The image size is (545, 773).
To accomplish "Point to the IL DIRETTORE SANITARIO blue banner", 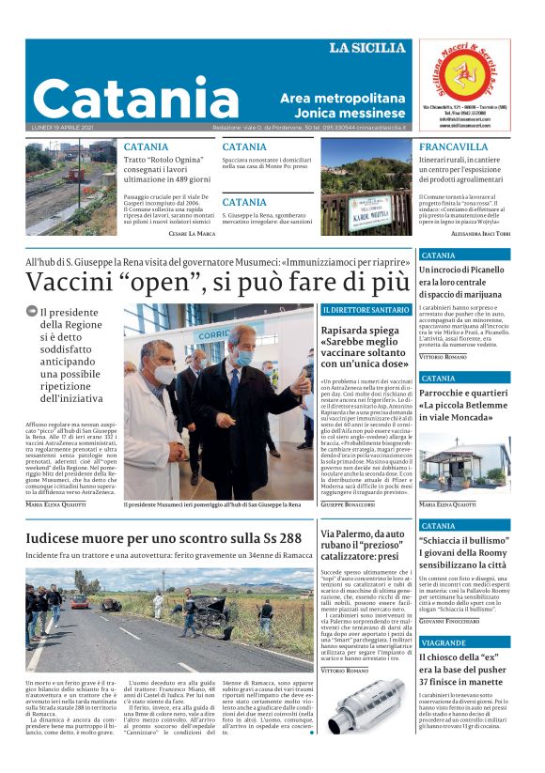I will [x=366, y=309].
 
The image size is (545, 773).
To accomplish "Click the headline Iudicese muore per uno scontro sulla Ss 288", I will [x=163, y=538].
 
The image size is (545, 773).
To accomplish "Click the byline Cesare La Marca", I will [x=192, y=232].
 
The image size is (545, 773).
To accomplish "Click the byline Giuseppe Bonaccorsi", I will [x=348, y=504].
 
